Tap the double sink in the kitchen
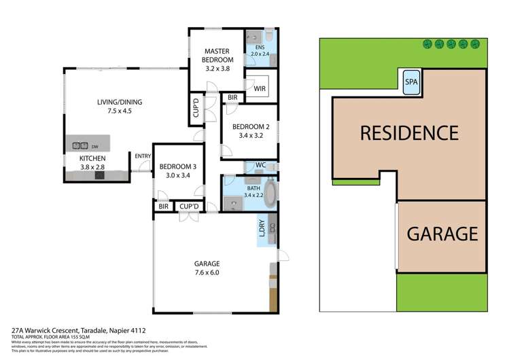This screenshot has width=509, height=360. click(x=80, y=145)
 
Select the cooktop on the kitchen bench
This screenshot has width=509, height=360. click(x=99, y=175)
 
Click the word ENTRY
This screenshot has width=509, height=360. click(x=142, y=156)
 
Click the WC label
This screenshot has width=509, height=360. click(x=260, y=164)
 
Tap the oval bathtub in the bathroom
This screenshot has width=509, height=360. click(x=269, y=194)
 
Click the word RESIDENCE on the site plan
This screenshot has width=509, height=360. click(x=408, y=132)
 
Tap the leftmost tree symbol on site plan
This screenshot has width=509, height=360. click(x=427, y=45)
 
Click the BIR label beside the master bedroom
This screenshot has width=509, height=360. click(x=233, y=97)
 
